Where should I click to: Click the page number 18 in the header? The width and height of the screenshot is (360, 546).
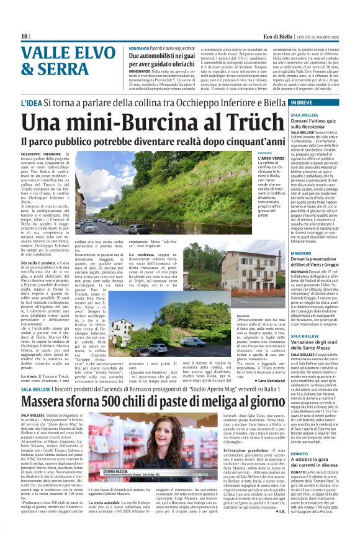(24, 37)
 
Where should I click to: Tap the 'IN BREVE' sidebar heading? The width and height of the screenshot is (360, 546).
(304, 102)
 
